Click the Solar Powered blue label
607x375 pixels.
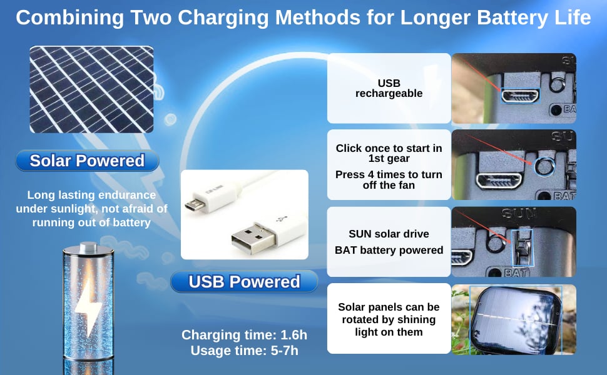[87, 161]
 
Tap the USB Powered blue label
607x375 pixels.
[244, 281]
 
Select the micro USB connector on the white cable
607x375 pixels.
[194, 205]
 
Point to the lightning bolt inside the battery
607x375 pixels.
[89, 307]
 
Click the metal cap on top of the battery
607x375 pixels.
[88, 247]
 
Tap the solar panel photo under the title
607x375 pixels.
[92, 89]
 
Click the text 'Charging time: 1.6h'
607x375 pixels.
[244, 335]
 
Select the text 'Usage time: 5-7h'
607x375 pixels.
[244, 351]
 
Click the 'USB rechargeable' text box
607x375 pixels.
[389, 88]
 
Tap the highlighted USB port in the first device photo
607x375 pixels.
[520, 96]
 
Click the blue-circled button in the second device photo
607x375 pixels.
[544, 166]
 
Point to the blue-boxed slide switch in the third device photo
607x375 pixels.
[523, 247]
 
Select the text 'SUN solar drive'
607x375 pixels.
[389, 234]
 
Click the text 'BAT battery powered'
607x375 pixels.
[389, 250]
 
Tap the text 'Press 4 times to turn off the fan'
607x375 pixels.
[389, 180]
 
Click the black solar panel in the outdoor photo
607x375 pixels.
[516, 320]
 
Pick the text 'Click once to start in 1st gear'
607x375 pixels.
[389, 153]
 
